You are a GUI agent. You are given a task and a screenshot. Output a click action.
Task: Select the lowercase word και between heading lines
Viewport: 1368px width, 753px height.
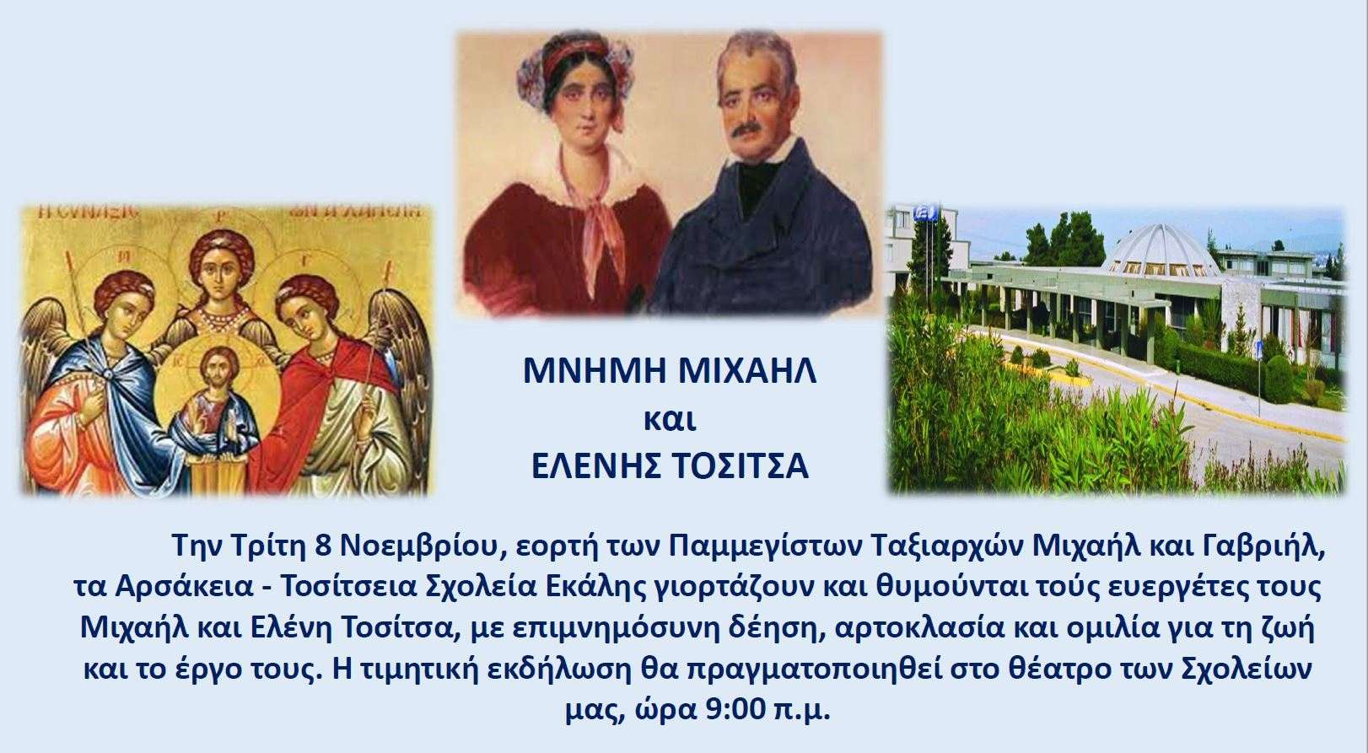pyautogui.click(x=670, y=420)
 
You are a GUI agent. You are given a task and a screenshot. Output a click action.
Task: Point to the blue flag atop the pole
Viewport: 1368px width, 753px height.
pyautogui.click(x=925, y=212)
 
